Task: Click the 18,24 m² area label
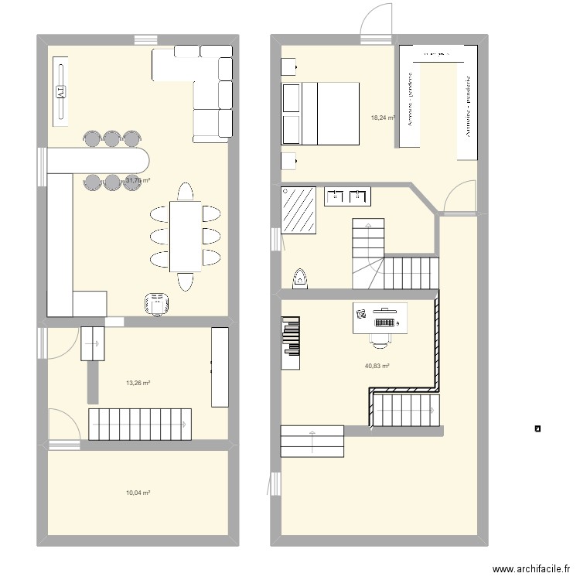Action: (x=384, y=118)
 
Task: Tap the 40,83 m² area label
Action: (x=377, y=367)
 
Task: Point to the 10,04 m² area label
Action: (x=138, y=493)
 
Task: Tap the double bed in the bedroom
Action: (x=320, y=113)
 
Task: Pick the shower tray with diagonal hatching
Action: (x=300, y=210)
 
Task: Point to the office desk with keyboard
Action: (x=380, y=318)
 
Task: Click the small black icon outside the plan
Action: (x=537, y=428)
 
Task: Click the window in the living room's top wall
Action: (x=145, y=40)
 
